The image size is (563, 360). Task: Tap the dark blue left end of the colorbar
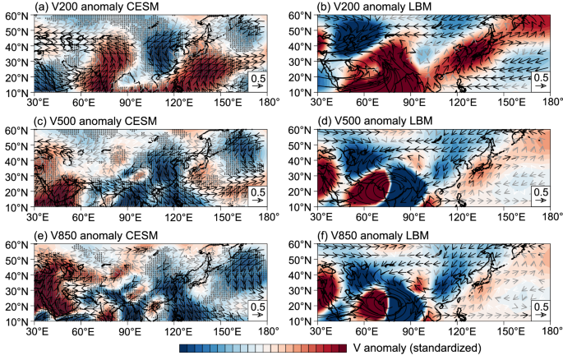[x=183, y=348]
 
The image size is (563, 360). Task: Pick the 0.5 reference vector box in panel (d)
[x=540, y=196]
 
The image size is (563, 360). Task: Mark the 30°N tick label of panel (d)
[x=298, y=176]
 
